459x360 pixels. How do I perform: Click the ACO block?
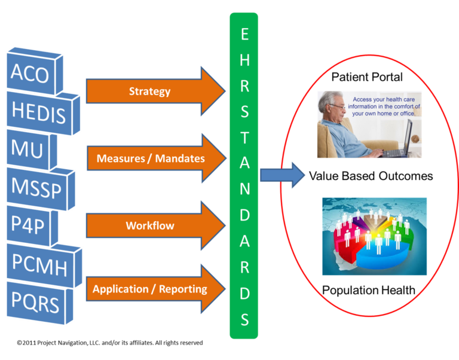[x=30, y=74]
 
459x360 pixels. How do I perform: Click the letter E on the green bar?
[x=244, y=35]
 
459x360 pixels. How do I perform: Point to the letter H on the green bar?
[x=244, y=60]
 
